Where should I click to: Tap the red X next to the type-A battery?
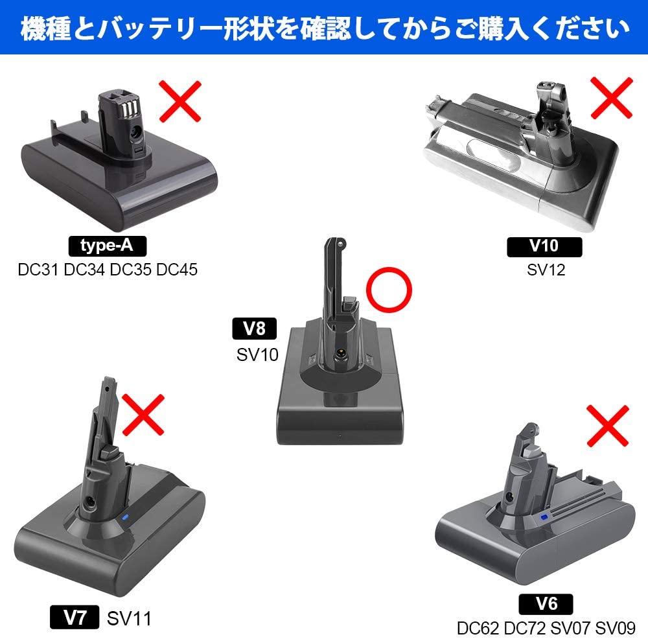pyautogui.click(x=180, y=101)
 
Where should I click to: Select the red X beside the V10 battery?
pyautogui.click(x=612, y=98)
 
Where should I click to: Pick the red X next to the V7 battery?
pyautogui.click(x=143, y=415)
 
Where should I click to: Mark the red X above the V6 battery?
pyautogui.click(x=608, y=426)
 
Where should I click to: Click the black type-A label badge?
pyautogui.click(x=108, y=246)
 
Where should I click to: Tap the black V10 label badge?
pyautogui.click(x=544, y=247)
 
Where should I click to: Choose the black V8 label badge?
pyautogui.click(x=254, y=329)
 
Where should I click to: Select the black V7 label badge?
pyautogui.click(x=75, y=617)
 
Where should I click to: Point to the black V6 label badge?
pyautogui.click(x=546, y=604)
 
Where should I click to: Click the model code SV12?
pyautogui.click(x=546, y=270)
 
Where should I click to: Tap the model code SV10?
pyautogui.click(x=257, y=354)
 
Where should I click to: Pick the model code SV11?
pyautogui.click(x=129, y=619)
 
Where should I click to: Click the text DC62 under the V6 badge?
pyautogui.click(x=478, y=628)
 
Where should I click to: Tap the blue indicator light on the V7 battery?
pyautogui.click(x=126, y=517)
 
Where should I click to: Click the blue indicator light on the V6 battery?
pyautogui.click(x=544, y=517)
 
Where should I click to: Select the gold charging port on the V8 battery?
pyautogui.click(x=341, y=353)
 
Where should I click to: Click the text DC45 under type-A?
pyautogui.click(x=177, y=270)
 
